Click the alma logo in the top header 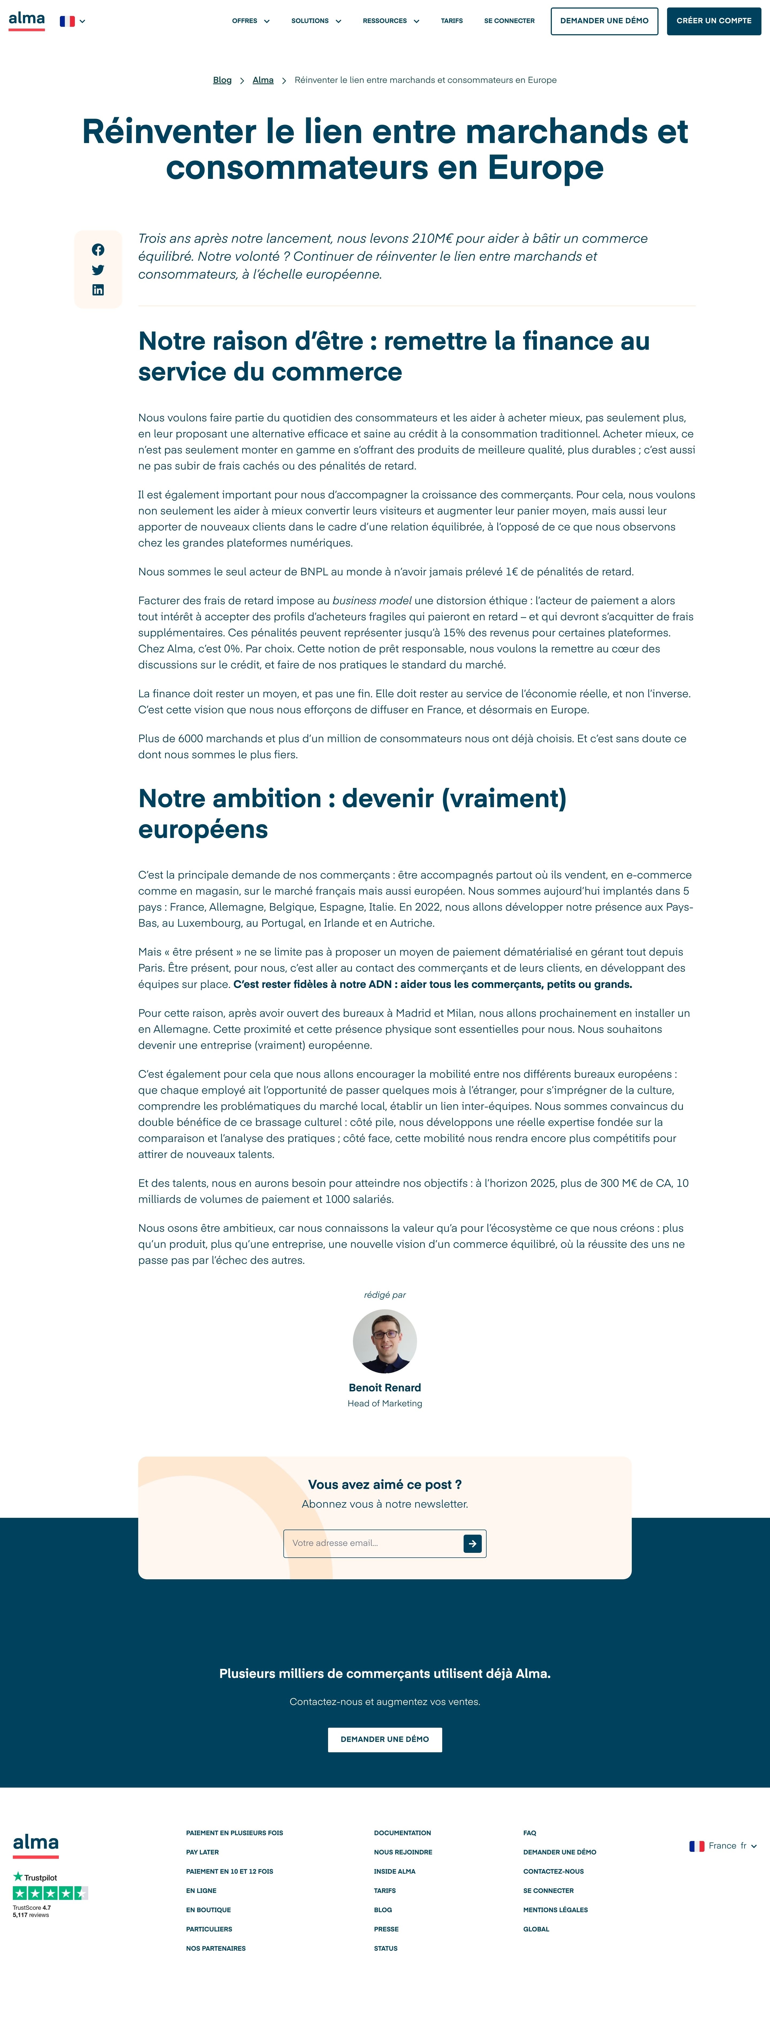pos(27,20)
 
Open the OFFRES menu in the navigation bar pos(250,21)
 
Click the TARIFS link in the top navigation pos(452,21)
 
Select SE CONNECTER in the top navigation pos(509,21)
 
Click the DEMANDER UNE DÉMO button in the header pos(604,21)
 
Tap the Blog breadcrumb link pos(222,80)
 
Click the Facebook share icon pos(98,250)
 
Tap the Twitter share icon pos(98,270)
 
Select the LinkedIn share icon pos(98,290)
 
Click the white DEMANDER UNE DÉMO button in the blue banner pos(385,1740)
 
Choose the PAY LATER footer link pos(203,1852)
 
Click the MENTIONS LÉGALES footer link pos(556,1909)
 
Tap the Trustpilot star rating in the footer pos(50,1893)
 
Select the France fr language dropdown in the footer pos(723,1846)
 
